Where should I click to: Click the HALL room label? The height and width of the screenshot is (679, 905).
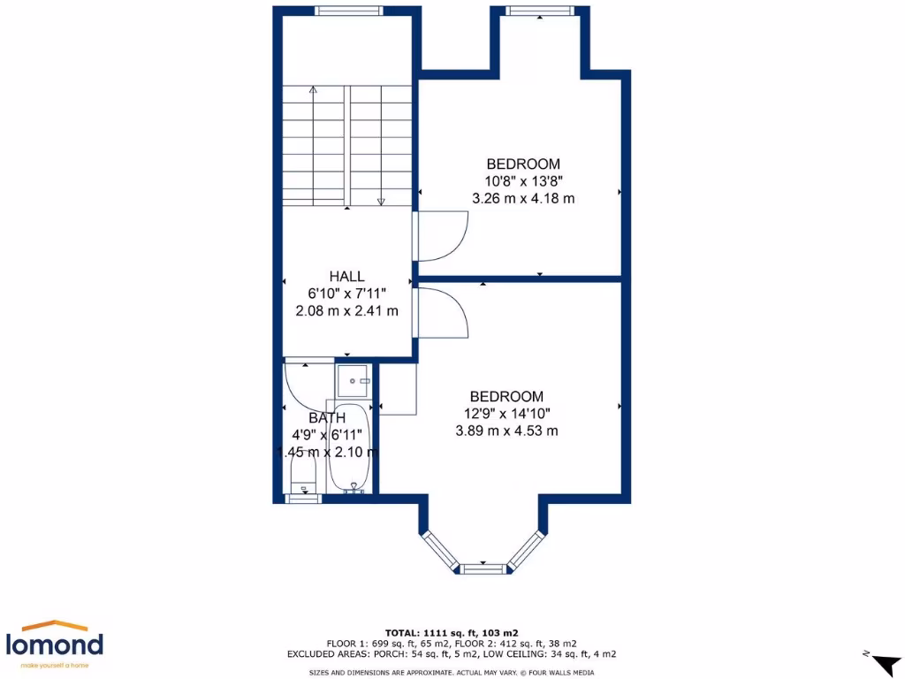point(346,277)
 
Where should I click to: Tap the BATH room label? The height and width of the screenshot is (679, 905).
point(326,417)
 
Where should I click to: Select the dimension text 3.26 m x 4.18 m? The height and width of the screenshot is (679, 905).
point(523,198)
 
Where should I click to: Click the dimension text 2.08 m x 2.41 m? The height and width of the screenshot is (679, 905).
point(346,310)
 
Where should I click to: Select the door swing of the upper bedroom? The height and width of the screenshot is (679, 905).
point(441,235)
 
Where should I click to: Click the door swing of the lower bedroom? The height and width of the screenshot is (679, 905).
point(441,314)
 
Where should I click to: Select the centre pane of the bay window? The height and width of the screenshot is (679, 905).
point(483,568)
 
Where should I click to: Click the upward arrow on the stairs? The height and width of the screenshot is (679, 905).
point(313,89)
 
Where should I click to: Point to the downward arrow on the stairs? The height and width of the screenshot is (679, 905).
point(381,200)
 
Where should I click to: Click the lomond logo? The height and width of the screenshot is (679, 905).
point(55,644)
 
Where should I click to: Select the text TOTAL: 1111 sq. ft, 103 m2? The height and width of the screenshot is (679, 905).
point(452,633)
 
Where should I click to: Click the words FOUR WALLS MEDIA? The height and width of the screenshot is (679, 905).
point(564,673)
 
